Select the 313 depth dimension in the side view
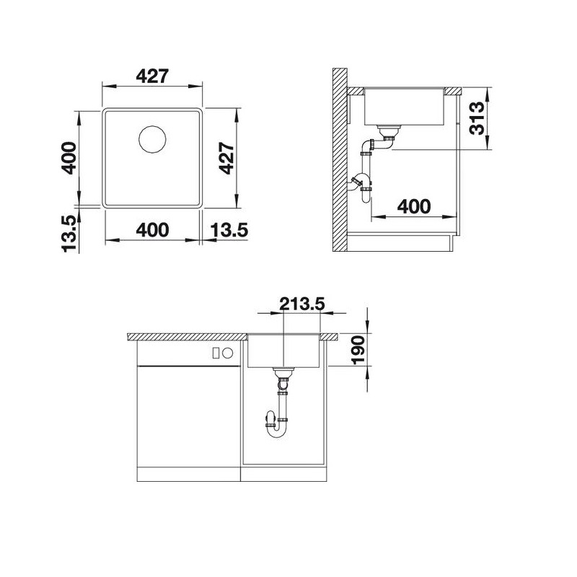click(x=477, y=119)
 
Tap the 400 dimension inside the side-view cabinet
click(x=414, y=206)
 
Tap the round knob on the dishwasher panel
click(x=227, y=353)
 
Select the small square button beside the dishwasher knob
click(x=216, y=353)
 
